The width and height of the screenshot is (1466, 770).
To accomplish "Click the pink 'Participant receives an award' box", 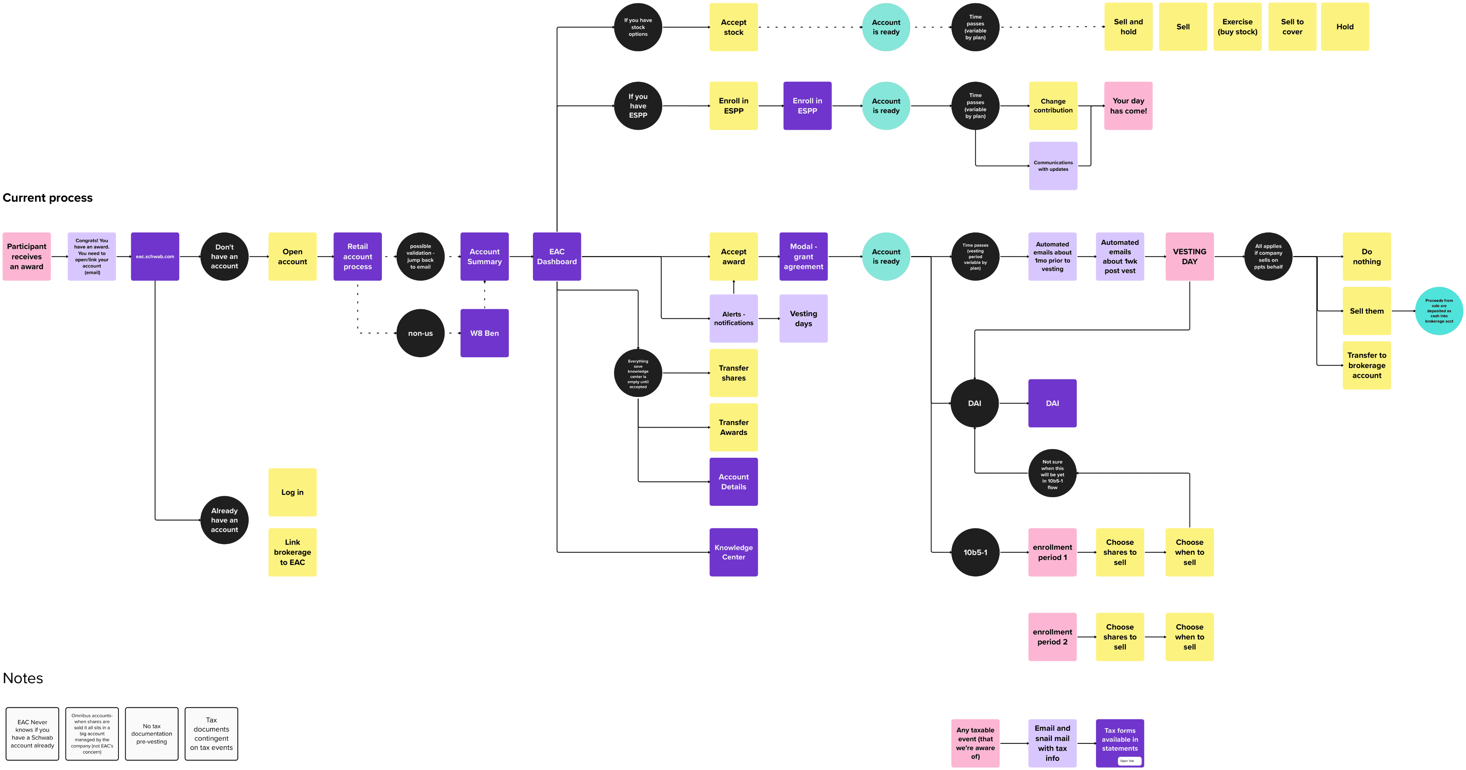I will tap(27, 256).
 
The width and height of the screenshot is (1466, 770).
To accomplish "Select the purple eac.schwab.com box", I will tap(155, 256).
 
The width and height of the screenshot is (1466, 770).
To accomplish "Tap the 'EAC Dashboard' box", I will tap(557, 256).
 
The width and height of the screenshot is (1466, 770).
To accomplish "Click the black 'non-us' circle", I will tap(420, 333).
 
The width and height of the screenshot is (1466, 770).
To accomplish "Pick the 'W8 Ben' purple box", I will tap(484, 333).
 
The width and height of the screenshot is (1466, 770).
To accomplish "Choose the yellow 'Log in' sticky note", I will tap(292, 492).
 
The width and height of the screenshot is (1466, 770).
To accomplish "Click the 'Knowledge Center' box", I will tap(734, 552).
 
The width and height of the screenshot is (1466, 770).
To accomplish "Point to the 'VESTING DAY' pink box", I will tap(1189, 256).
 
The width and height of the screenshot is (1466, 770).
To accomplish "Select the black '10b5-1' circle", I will tap(975, 552).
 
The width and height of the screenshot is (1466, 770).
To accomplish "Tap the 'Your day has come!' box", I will tap(1128, 106).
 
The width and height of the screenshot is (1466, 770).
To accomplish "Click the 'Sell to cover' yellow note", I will tap(1292, 27).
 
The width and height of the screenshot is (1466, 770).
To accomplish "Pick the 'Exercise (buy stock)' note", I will tap(1237, 27).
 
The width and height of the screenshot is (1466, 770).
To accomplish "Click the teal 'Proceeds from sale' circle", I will tap(1439, 311).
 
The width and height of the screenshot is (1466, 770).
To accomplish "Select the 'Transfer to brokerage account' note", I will tap(1367, 365).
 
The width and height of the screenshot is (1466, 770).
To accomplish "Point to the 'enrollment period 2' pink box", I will tap(1052, 637).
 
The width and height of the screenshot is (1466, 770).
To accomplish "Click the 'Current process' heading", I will tap(48, 198).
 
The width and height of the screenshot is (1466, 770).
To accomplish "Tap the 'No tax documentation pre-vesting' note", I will tap(151, 734).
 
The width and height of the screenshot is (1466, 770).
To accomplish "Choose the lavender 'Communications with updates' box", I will tap(1053, 166).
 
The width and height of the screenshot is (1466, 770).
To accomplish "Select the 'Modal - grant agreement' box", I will tap(803, 256).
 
